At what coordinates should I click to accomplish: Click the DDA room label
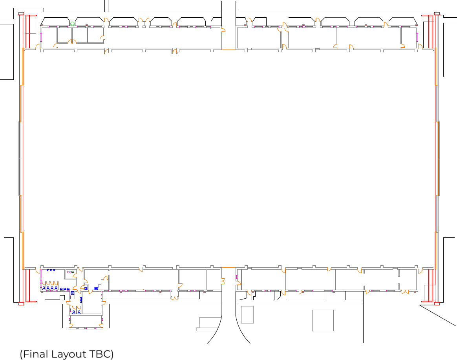pyautogui.click(x=71, y=272)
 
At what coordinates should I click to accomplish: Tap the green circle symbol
pyautogui.click(x=72, y=24)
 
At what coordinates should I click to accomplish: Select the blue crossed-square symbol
pyautogui.click(x=73, y=293)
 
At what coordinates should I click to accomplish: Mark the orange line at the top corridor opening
pyautogui.click(x=229, y=50)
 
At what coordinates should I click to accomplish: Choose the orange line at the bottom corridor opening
pyautogui.click(x=229, y=267)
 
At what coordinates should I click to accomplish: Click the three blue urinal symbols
pyautogui.click(x=51, y=270)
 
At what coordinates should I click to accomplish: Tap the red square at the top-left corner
pyautogui.click(x=21, y=14)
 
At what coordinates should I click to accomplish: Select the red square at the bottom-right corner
pyautogui.click(x=437, y=304)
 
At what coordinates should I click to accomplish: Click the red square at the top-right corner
pyautogui.click(x=437, y=14)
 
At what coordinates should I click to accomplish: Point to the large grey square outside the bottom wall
pyautogui.click(x=323, y=320)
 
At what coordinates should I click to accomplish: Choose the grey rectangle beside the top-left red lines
pyautogui.click(x=30, y=26)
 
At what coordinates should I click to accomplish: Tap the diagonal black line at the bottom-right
pyautogui.click(x=438, y=315)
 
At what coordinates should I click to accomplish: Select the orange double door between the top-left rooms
pyautogui.click(x=72, y=41)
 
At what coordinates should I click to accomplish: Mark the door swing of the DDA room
pyautogui.click(x=75, y=276)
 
